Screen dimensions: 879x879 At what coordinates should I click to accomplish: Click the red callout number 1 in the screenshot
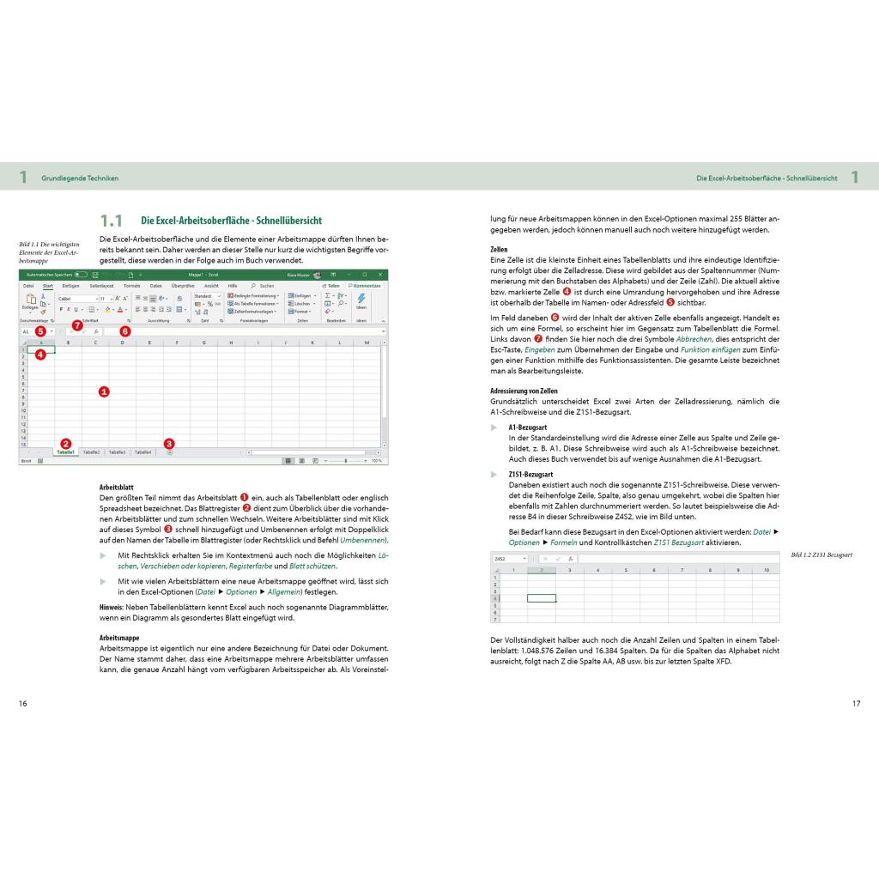[x=104, y=391]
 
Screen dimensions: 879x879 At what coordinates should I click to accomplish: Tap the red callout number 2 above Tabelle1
[x=66, y=443]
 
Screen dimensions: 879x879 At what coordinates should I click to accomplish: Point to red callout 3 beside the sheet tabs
[x=169, y=444]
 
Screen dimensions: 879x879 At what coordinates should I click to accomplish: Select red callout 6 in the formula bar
[x=125, y=330]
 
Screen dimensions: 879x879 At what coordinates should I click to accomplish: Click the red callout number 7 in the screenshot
[x=77, y=325]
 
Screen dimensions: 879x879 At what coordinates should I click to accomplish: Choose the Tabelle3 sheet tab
[x=117, y=452]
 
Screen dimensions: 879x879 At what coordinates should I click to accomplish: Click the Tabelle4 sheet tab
[x=142, y=452]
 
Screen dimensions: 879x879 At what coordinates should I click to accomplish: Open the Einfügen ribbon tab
[x=70, y=285]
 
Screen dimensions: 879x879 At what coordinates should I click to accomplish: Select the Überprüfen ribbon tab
[x=182, y=285]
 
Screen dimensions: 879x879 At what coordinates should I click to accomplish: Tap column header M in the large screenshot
[x=367, y=343]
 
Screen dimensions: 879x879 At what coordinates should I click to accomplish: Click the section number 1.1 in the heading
[x=112, y=221]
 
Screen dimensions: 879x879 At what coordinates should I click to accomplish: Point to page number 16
[x=23, y=704]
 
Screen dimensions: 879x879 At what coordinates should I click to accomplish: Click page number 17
[x=855, y=704]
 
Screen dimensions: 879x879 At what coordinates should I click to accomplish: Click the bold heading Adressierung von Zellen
[x=524, y=391]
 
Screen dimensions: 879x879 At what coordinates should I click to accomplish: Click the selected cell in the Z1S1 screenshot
[x=541, y=598]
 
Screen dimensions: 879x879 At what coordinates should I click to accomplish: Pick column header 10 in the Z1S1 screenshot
[x=766, y=570]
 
